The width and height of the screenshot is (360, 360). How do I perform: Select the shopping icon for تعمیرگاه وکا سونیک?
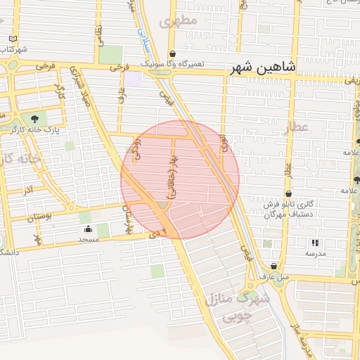pos(172,54)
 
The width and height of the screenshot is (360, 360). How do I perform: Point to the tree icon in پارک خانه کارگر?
pos(34,118)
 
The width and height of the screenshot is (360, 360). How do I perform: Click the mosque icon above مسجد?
pos(88,229)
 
